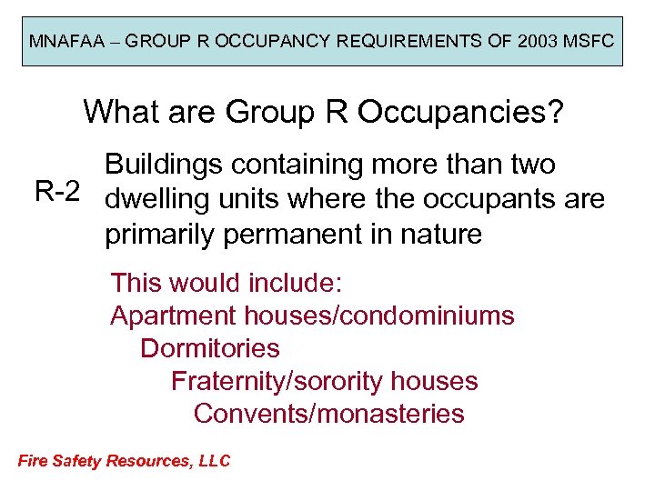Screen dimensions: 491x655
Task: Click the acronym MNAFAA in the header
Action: tap(62, 42)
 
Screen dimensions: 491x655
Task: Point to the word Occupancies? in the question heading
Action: tap(461, 112)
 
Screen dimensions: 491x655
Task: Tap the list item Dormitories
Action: tap(210, 348)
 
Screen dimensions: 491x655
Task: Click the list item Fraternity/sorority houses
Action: tap(325, 381)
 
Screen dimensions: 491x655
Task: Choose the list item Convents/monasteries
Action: tap(329, 414)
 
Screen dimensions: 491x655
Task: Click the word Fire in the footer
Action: tap(33, 460)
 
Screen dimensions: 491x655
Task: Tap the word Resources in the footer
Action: tap(145, 460)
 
